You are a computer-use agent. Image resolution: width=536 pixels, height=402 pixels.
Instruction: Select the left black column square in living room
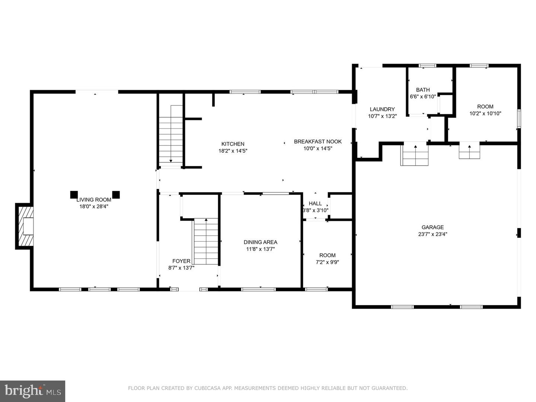[74, 195]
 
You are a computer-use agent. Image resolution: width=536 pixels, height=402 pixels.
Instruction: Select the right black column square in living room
[116, 195]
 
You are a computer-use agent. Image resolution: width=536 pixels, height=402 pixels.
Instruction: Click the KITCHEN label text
[233, 144]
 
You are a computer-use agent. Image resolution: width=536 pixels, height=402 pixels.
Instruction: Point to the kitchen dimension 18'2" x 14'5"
[233, 151]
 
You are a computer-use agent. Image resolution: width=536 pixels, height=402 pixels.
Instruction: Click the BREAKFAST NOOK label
[318, 141]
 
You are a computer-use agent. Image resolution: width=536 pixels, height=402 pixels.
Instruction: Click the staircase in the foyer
[206, 242]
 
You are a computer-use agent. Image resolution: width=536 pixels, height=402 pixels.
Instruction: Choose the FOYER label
[181, 261]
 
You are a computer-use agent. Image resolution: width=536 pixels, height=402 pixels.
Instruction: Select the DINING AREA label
[260, 242]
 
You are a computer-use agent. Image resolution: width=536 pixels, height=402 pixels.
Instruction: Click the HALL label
[315, 203]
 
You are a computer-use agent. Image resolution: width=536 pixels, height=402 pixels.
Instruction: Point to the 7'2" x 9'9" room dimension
[327, 262]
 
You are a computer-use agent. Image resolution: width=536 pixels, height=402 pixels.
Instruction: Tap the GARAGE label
[433, 227]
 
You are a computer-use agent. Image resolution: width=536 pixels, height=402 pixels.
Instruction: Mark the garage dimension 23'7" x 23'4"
[433, 234]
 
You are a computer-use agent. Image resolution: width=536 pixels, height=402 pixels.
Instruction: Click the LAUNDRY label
[382, 109]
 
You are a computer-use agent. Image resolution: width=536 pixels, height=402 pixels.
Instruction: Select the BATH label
[423, 90]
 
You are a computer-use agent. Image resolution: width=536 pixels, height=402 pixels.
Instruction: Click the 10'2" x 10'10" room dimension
[485, 114]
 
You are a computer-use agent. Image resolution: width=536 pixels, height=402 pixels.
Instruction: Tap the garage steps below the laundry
[415, 154]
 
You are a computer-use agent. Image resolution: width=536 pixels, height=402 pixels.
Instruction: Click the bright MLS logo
[32, 391]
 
